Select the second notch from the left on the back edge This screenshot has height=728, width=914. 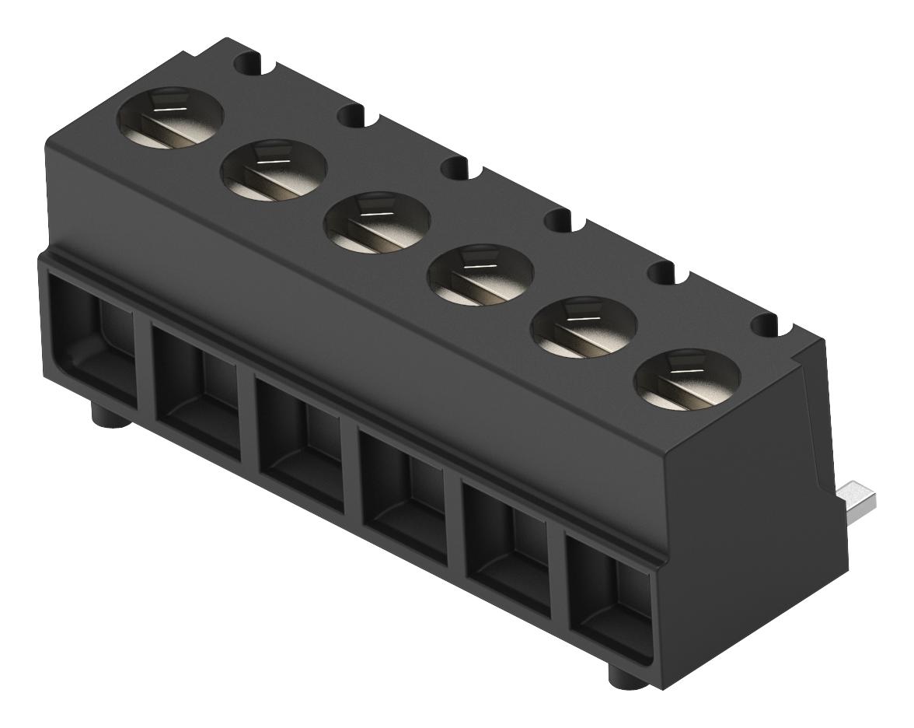coord(354,117)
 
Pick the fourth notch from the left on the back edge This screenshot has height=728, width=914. coord(562,221)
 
